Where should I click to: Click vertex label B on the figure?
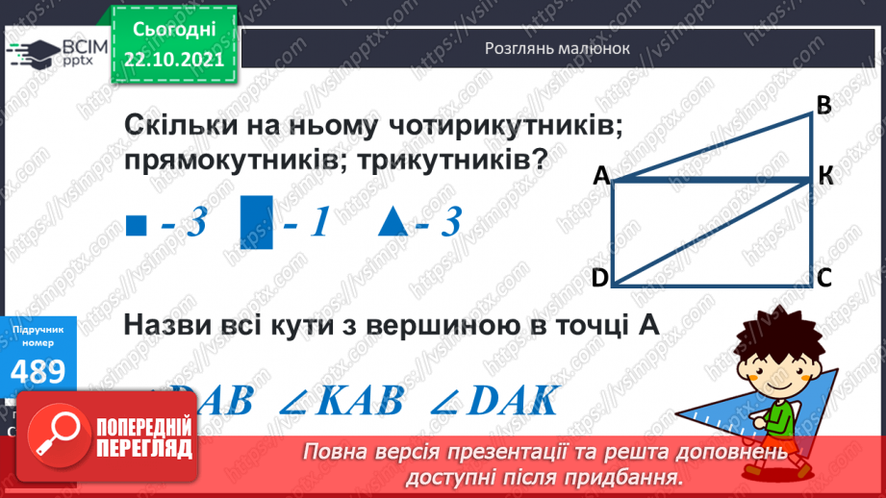click(823, 105)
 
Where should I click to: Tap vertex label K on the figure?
click(826, 175)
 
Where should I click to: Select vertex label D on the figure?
click(599, 278)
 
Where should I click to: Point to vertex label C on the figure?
click(824, 278)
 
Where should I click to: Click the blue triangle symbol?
click(394, 222)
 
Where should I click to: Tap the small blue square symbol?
click(136, 227)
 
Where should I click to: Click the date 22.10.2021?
click(174, 58)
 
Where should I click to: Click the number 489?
click(38, 371)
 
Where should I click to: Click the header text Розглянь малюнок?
click(557, 47)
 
